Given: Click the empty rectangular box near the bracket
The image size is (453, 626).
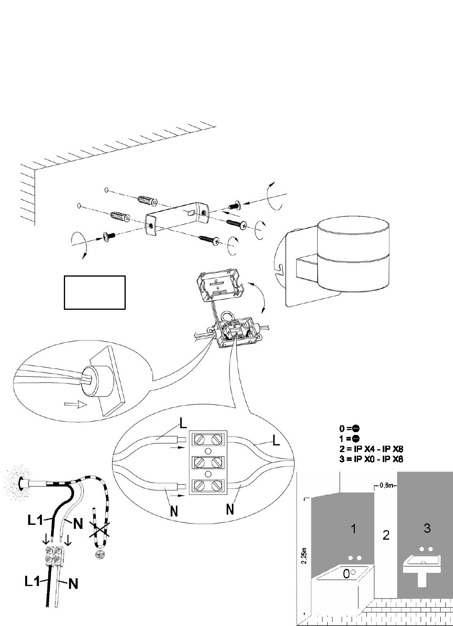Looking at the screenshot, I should click(95, 292).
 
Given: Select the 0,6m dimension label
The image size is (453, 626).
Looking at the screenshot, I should click(386, 485).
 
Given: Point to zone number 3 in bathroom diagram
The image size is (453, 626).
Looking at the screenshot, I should click(427, 528).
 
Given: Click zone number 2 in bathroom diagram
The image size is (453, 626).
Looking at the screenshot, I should click(386, 535).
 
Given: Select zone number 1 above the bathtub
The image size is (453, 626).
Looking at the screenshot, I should click(353, 529).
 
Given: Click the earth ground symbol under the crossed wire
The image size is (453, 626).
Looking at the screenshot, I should click(97, 554).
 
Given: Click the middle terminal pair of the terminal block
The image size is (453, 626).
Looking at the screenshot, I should click(208, 463).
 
